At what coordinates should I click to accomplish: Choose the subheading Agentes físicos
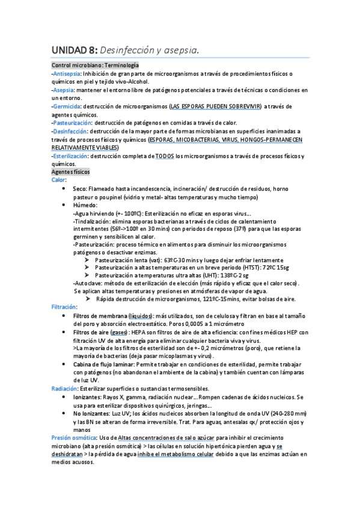(x=70, y=172)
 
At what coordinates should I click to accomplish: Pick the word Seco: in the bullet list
(x=81, y=188)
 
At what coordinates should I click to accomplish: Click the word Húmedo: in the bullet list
(x=84, y=204)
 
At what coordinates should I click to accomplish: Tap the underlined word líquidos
(x=139, y=316)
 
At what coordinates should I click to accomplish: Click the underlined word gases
(x=119, y=332)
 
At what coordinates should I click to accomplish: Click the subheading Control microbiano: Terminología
(x=95, y=65)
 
